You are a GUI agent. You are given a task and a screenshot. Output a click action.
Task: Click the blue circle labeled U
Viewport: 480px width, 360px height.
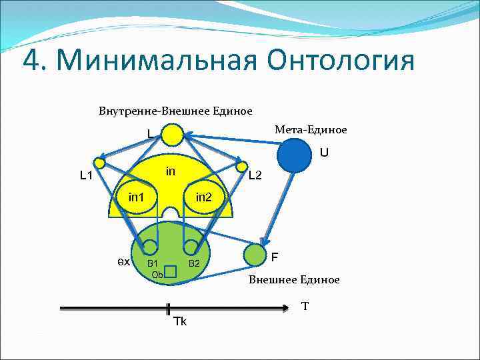pyautogui.click(x=294, y=157)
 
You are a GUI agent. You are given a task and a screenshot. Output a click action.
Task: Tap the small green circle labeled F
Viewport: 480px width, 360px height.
pyautogui.click(x=254, y=254)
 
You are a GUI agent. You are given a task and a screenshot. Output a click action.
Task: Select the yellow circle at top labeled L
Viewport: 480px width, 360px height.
pyautogui.click(x=172, y=135)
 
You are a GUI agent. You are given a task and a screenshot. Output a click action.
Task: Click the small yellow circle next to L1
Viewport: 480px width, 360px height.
pyautogui.click(x=100, y=163)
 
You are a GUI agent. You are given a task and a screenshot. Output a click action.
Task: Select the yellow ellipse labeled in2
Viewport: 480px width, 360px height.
pyautogui.click(x=204, y=197)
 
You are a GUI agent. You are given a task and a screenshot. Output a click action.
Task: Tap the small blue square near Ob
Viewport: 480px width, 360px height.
pyautogui.click(x=170, y=271)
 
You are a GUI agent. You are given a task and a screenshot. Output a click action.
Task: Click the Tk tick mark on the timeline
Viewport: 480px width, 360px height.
pyautogui.click(x=169, y=309)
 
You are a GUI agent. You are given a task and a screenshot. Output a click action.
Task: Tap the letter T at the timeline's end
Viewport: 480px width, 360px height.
pyautogui.click(x=305, y=306)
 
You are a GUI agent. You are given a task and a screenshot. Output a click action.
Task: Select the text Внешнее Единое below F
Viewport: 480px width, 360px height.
pyautogui.click(x=294, y=279)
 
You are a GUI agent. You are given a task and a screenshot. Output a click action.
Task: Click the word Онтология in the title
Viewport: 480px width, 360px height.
pyautogui.click(x=341, y=61)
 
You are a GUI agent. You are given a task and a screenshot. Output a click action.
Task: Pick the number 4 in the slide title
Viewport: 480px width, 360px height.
pyautogui.click(x=31, y=61)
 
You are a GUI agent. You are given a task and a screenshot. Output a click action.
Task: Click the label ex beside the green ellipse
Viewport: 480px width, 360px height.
pyautogui.click(x=123, y=261)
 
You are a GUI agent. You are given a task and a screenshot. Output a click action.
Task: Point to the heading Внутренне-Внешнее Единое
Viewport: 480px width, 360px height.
pyautogui.click(x=175, y=109)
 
